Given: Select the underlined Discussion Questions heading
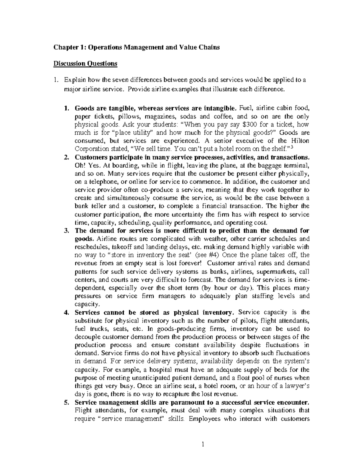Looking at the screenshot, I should [x=85, y=63].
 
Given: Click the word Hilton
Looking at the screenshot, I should [x=300, y=141].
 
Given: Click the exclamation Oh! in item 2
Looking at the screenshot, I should [x=80, y=165].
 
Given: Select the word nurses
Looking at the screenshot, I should [x=285, y=378].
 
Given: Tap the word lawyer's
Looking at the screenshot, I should [x=296, y=386].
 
